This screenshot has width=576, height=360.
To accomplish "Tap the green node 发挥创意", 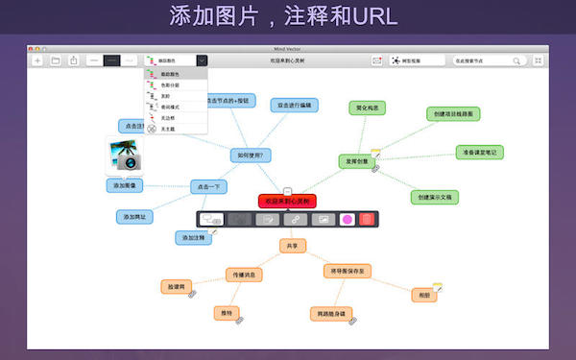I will click(x=355, y=161).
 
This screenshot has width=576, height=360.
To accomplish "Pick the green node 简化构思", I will click(x=366, y=108).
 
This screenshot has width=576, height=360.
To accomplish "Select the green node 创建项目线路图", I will click(x=453, y=113).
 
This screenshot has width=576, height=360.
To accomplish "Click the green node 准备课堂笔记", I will click(x=479, y=152).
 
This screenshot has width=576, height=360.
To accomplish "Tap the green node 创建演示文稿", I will click(x=437, y=197).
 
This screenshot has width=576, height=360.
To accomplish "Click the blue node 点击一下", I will click(x=211, y=186).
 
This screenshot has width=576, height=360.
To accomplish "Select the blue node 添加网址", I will click(x=135, y=217).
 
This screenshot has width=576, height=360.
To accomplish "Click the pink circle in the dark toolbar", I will click(x=347, y=220).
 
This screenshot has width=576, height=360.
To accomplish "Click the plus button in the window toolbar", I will click(x=37, y=60).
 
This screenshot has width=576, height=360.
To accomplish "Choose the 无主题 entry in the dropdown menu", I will click(x=169, y=129).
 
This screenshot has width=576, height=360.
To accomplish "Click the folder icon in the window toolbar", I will click(x=56, y=60).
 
